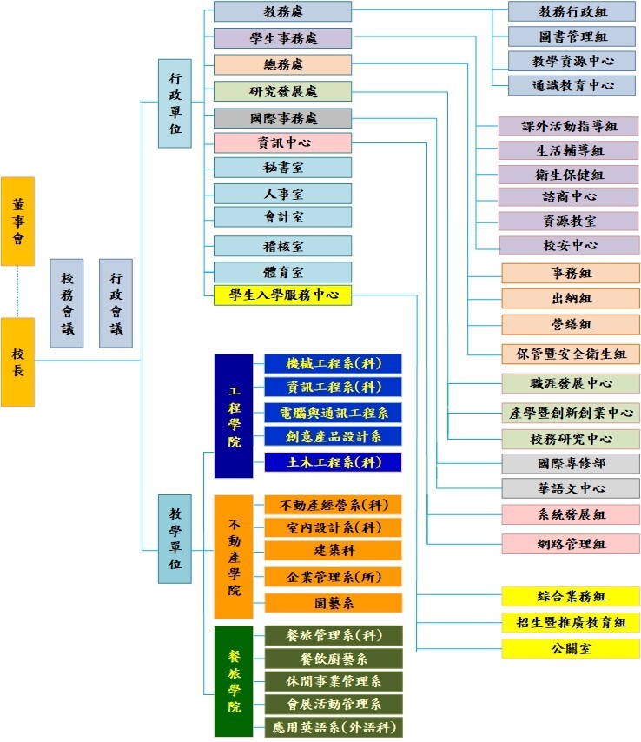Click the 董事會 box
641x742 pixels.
pyautogui.click(x=17, y=221)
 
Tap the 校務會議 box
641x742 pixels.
pyautogui.click(x=67, y=303)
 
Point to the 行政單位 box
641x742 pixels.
pyautogui.click(x=175, y=103)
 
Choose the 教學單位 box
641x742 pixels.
pyautogui.click(x=175, y=539)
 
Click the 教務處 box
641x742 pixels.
pyautogui.click(x=282, y=11)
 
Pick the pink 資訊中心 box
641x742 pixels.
pyautogui.click(x=282, y=143)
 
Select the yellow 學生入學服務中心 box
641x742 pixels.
pyautogui.click(x=282, y=295)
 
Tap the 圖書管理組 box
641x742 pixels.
pyautogui.click(x=572, y=36)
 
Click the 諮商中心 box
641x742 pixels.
pyautogui.click(x=569, y=196)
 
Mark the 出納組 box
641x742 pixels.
pyautogui.click(x=571, y=298)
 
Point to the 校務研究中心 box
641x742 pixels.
pyautogui.click(x=571, y=439)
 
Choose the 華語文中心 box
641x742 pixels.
pyautogui.click(x=571, y=488)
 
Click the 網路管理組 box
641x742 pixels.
pyautogui.click(x=571, y=545)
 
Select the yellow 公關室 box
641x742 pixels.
pyautogui.click(x=571, y=648)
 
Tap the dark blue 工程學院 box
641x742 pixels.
pyautogui.click(x=233, y=415)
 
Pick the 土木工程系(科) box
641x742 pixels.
pyautogui.click(x=333, y=462)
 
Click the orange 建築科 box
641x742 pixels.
pyautogui.click(x=333, y=550)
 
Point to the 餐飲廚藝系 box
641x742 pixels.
pyautogui.click(x=333, y=659)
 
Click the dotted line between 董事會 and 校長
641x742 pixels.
pyautogui.click(x=17, y=291)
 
